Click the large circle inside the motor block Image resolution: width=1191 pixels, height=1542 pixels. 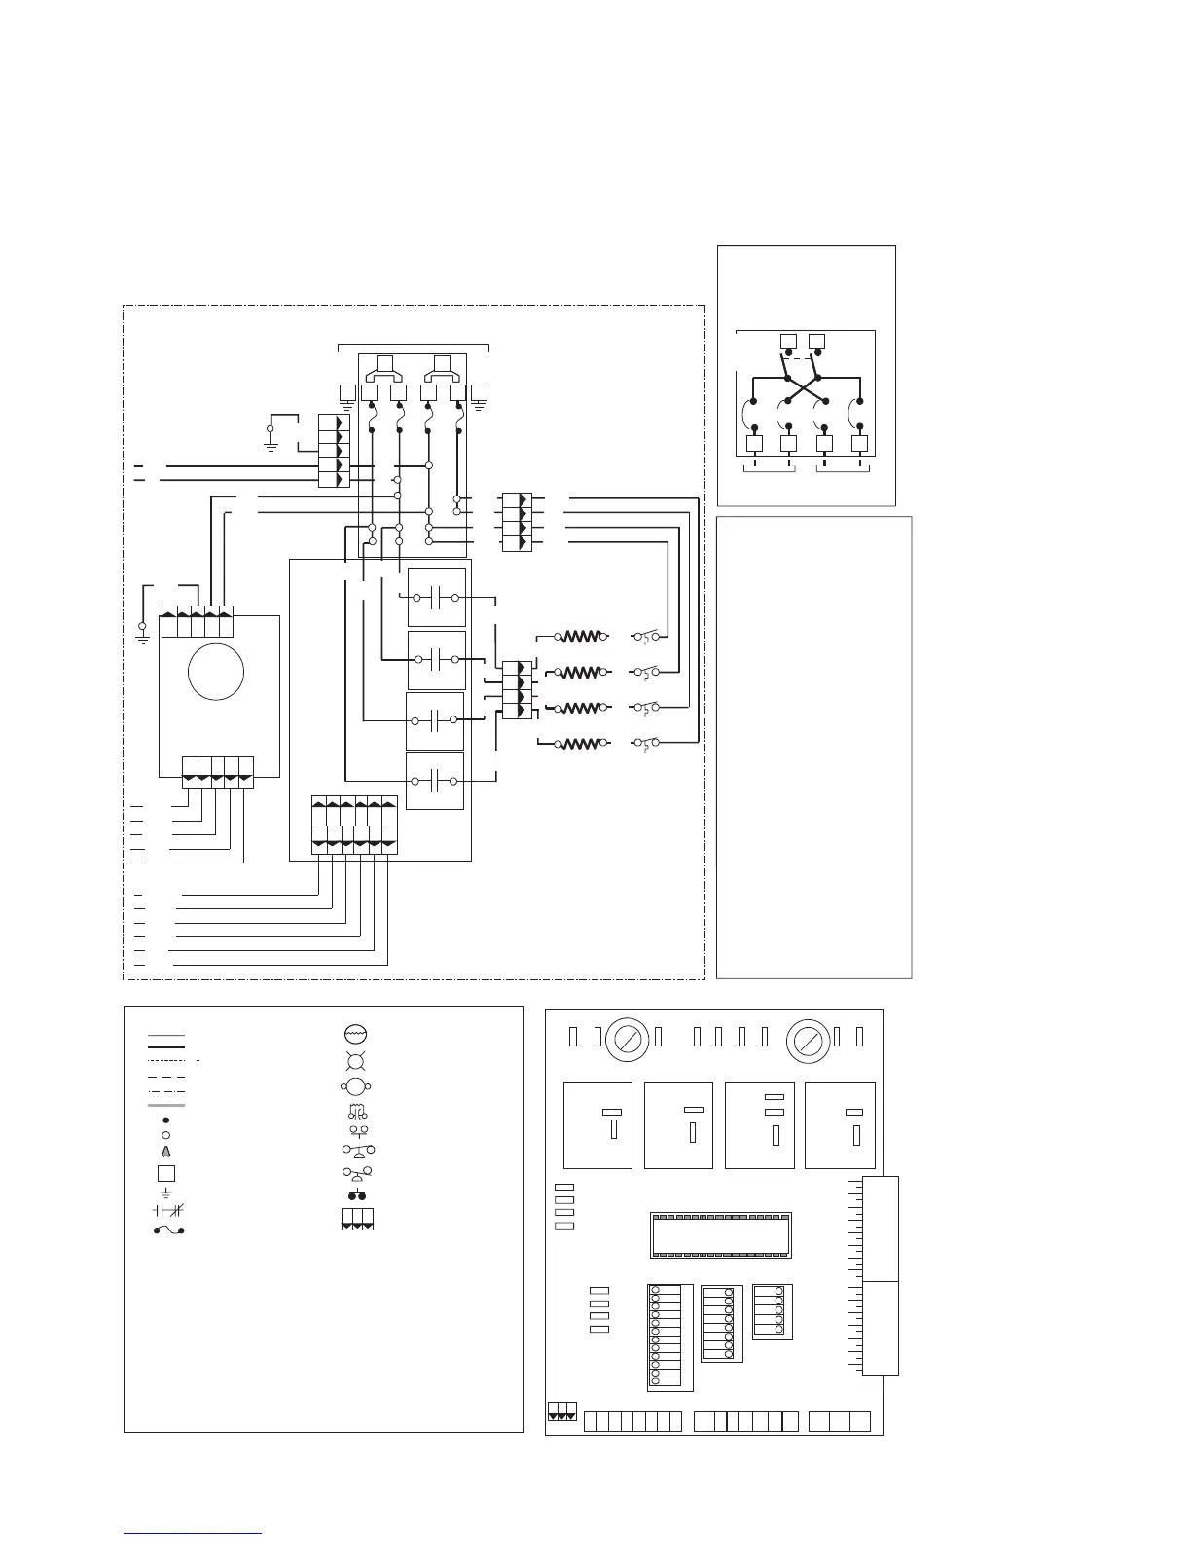click(x=216, y=672)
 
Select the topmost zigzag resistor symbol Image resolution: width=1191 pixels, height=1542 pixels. click(x=582, y=637)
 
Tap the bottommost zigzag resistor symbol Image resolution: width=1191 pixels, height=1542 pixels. click(x=582, y=745)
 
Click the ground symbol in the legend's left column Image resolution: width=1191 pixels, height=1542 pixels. click(x=165, y=1192)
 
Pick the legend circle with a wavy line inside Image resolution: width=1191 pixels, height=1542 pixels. click(x=355, y=1034)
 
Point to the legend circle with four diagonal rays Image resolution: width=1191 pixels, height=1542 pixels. click(x=355, y=1061)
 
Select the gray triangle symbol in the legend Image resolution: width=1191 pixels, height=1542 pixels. click(x=165, y=1152)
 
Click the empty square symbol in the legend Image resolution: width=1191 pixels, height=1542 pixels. click(x=166, y=1173)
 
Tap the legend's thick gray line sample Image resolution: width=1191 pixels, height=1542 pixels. click(x=165, y=1106)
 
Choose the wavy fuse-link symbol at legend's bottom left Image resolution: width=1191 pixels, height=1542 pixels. click(x=167, y=1230)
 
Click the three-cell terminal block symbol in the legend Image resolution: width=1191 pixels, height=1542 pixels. click(x=357, y=1220)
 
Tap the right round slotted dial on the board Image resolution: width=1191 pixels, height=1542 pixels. click(x=808, y=1042)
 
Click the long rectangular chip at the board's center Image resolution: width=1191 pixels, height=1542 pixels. click(x=720, y=1235)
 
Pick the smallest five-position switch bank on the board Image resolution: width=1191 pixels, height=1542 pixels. click(x=772, y=1311)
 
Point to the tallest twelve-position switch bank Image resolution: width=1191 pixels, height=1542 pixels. click(x=668, y=1338)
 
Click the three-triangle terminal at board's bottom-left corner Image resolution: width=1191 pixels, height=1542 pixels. click(x=562, y=1412)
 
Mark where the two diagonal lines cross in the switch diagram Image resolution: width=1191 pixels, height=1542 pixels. click(x=803, y=387)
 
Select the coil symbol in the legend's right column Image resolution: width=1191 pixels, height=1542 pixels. click(x=355, y=1112)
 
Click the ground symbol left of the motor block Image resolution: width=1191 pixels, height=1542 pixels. click(x=142, y=632)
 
